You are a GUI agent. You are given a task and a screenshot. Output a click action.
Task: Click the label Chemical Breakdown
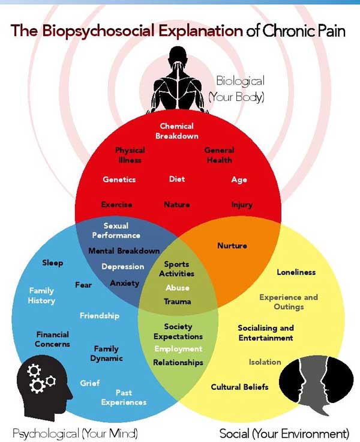coord(176,131)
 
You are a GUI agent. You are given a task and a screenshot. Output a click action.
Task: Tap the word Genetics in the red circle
coord(119,180)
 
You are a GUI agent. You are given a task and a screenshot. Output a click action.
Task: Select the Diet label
coord(177,179)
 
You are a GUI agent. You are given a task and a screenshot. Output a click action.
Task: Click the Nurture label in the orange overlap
coord(232,246)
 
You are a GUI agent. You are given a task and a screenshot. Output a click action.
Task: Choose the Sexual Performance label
coord(116,231)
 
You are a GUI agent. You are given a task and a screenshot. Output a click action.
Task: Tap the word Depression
coord(122,267)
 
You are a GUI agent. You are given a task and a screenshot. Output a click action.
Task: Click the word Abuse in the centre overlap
coord(177,288)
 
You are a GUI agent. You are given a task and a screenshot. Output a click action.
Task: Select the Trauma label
coord(177,301)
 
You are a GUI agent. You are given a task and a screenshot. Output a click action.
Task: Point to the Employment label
coord(178,349)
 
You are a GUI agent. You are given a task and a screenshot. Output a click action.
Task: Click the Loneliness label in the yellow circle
coord(296,272)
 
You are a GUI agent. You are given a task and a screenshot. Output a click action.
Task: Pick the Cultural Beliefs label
coord(239,387)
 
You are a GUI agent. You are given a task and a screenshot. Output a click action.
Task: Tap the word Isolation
coord(265,362)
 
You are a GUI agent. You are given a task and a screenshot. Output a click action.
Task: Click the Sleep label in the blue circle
coord(52,263)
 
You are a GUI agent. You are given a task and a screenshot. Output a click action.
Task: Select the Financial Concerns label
coord(53,339)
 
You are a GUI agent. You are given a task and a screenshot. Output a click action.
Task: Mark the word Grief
coord(90,383)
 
